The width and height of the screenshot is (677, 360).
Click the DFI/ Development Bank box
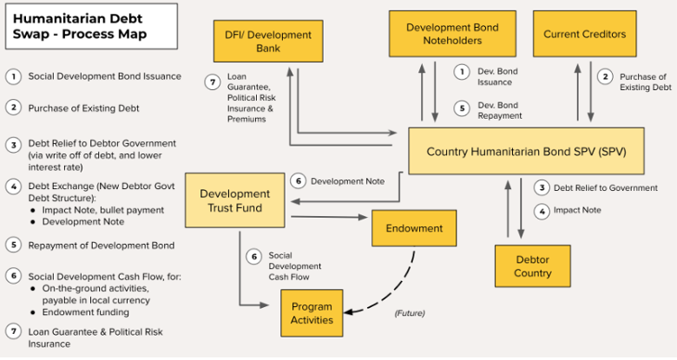[256, 42]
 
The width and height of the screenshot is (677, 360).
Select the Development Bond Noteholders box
[452, 34]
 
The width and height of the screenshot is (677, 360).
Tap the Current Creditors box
[584, 34]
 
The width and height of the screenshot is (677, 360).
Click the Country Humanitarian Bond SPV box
[526, 151]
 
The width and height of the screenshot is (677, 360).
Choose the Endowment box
[415, 228]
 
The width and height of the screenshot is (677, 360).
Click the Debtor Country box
[532, 265]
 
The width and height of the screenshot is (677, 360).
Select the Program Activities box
[312, 313]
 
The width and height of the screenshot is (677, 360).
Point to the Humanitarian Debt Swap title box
[80, 25]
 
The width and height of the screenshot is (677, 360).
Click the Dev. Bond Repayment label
[499, 110]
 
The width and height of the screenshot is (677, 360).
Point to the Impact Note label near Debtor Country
[577, 210]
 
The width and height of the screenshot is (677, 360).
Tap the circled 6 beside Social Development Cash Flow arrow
[254, 256]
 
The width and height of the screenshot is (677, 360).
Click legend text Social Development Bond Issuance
[104, 77]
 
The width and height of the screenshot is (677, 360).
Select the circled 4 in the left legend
[13, 186]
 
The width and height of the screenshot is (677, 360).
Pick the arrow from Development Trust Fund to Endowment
[330, 217]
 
